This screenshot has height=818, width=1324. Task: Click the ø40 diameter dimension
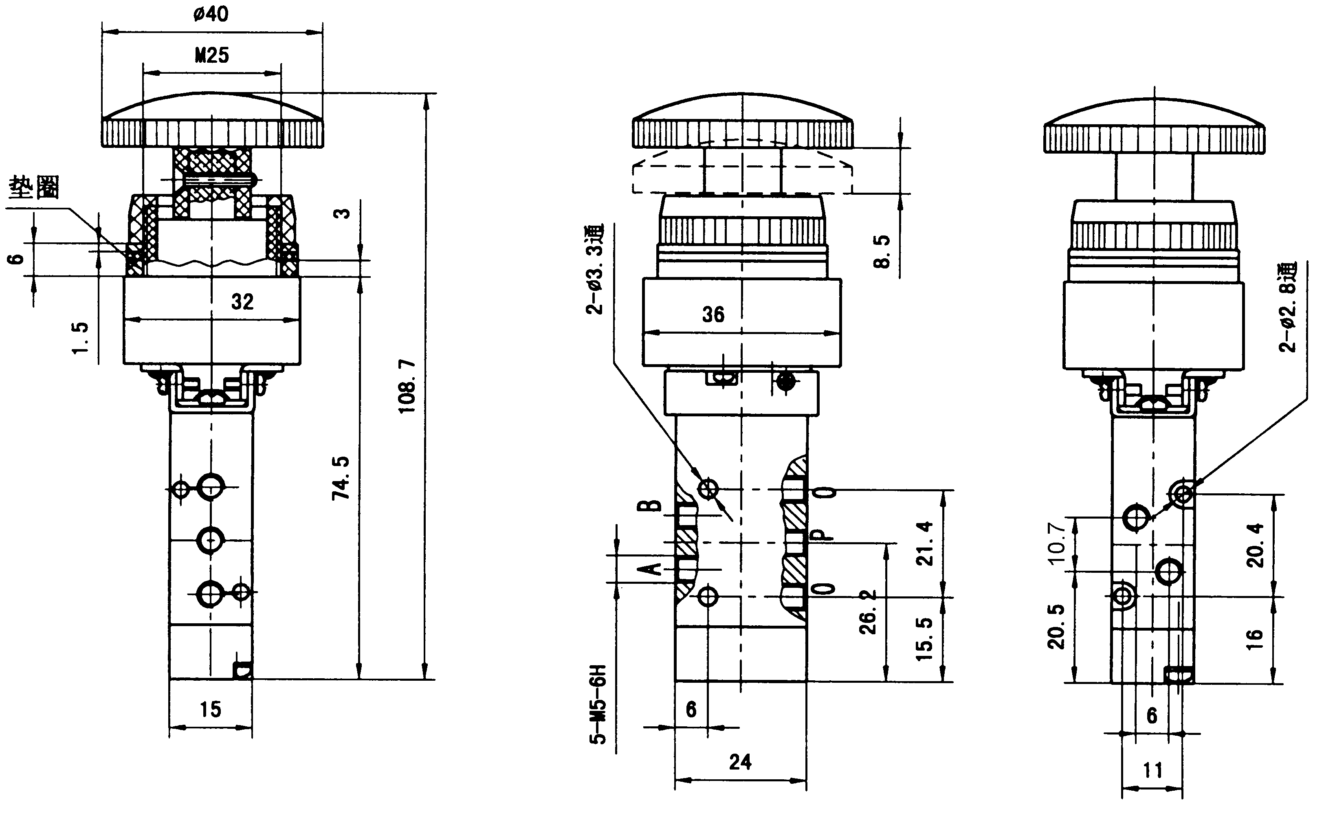(211, 13)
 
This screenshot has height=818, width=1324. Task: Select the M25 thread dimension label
(212, 55)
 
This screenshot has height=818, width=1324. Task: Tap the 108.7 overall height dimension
(407, 386)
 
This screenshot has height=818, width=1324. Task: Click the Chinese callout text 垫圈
(33, 188)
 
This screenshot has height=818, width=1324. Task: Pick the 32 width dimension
(242, 301)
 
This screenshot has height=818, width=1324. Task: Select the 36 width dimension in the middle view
(713, 314)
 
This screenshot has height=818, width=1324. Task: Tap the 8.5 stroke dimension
(882, 251)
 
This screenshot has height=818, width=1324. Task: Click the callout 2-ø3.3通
(594, 269)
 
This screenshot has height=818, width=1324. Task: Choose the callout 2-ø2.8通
(1288, 307)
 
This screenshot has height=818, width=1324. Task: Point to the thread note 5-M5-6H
(599, 704)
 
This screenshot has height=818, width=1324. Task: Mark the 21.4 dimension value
(926, 543)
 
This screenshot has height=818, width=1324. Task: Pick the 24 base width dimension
(740, 762)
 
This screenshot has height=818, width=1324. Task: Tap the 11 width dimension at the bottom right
(1152, 770)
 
